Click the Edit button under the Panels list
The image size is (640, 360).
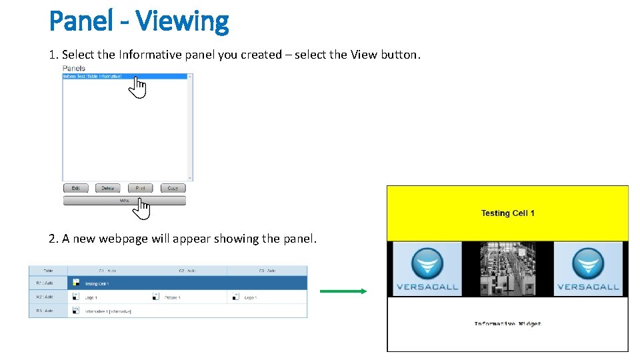tap(75, 188)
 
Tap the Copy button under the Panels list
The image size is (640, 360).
tap(173, 188)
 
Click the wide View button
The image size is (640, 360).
tap(124, 200)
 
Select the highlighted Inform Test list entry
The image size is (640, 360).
tap(93, 77)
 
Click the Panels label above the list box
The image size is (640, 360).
tap(73, 68)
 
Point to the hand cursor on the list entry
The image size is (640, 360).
tap(137, 87)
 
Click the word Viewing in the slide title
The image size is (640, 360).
tap(182, 21)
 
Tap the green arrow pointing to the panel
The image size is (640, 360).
tap(343, 291)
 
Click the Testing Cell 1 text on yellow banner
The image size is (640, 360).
tap(507, 213)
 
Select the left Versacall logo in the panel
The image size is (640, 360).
tap(427, 269)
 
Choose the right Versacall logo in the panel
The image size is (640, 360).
tap(588, 269)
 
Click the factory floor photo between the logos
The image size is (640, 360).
tap(507, 269)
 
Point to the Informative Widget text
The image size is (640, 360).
tap(507, 324)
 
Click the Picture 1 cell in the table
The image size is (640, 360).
tap(169, 297)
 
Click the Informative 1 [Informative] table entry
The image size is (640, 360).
tap(108, 311)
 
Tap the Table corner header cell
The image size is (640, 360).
tap(48, 271)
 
